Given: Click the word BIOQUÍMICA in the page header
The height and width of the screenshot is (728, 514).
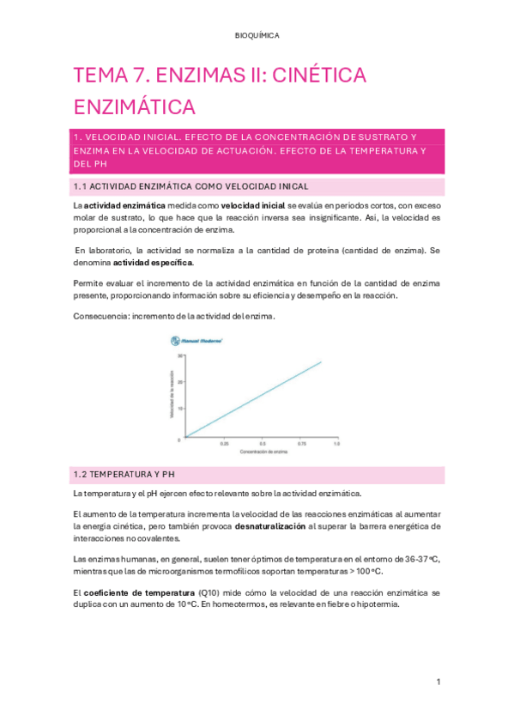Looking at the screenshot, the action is point(257,35).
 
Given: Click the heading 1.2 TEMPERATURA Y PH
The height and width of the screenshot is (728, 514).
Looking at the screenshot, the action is point(125,473).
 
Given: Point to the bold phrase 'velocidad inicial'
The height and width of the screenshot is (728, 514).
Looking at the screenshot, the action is point(253,207).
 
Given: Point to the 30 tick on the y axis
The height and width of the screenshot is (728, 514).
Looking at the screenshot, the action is point(180,355).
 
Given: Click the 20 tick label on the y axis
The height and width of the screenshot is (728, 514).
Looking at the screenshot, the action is point(180,383).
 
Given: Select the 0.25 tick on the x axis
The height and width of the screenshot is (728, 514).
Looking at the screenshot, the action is point(224,445).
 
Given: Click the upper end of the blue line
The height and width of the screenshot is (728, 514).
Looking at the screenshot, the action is point(321,361).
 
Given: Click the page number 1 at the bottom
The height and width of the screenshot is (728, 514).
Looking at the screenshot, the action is point(438,682).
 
